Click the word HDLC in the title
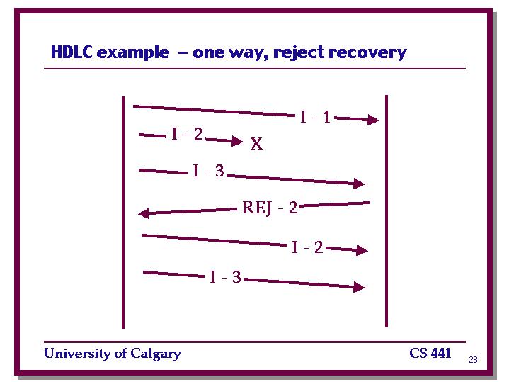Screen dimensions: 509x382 (72, 52)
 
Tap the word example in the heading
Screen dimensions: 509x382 (133, 53)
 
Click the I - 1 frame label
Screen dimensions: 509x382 (316, 117)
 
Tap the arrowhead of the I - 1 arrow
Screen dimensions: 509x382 (373, 120)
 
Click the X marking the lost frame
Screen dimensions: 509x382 (256, 143)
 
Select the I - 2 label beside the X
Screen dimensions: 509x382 (187, 134)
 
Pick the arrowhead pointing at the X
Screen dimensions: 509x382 (237, 141)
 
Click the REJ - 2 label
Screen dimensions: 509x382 (270, 208)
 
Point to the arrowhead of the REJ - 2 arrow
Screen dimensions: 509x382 (144, 213)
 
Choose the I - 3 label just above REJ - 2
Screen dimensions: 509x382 (208, 171)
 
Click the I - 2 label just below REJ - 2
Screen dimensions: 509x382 (307, 247)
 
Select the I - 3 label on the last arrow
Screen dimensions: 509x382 (225, 277)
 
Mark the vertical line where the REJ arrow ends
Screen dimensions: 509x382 (123, 213)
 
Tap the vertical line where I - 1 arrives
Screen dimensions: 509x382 (387, 211)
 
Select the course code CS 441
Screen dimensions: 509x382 (430, 353)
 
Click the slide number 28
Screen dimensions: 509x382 (473, 359)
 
